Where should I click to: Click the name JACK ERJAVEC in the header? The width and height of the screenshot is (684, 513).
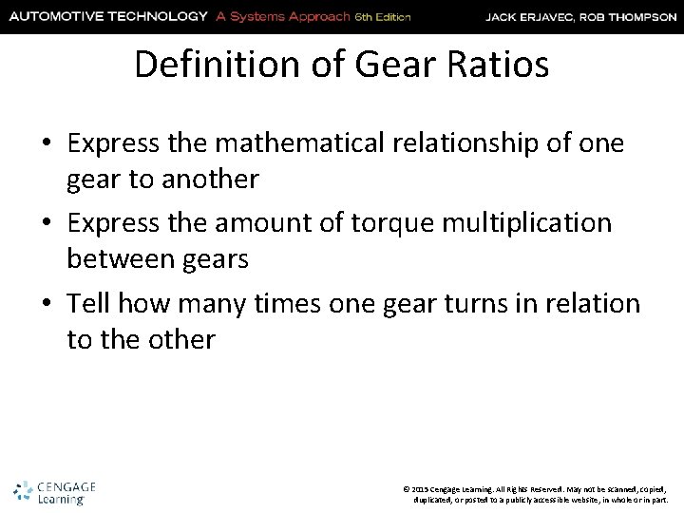tap(538, 16)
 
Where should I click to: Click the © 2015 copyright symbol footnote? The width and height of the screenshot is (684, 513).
tap(408, 487)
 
